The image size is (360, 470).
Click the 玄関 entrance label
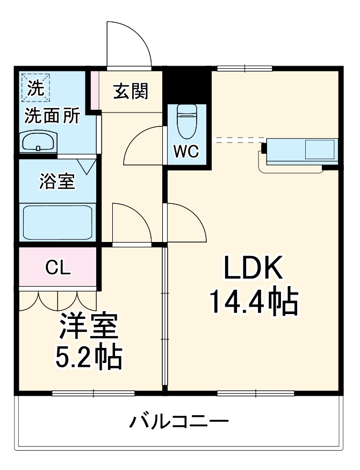[131, 92]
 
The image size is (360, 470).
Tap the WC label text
[185, 152]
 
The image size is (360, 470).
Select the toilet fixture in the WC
[187, 119]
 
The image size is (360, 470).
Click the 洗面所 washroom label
[52, 116]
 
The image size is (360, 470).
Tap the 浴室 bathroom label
[56, 182]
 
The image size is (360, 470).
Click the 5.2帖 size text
[89, 357]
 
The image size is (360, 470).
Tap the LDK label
[253, 267]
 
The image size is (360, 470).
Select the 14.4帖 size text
[253, 302]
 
